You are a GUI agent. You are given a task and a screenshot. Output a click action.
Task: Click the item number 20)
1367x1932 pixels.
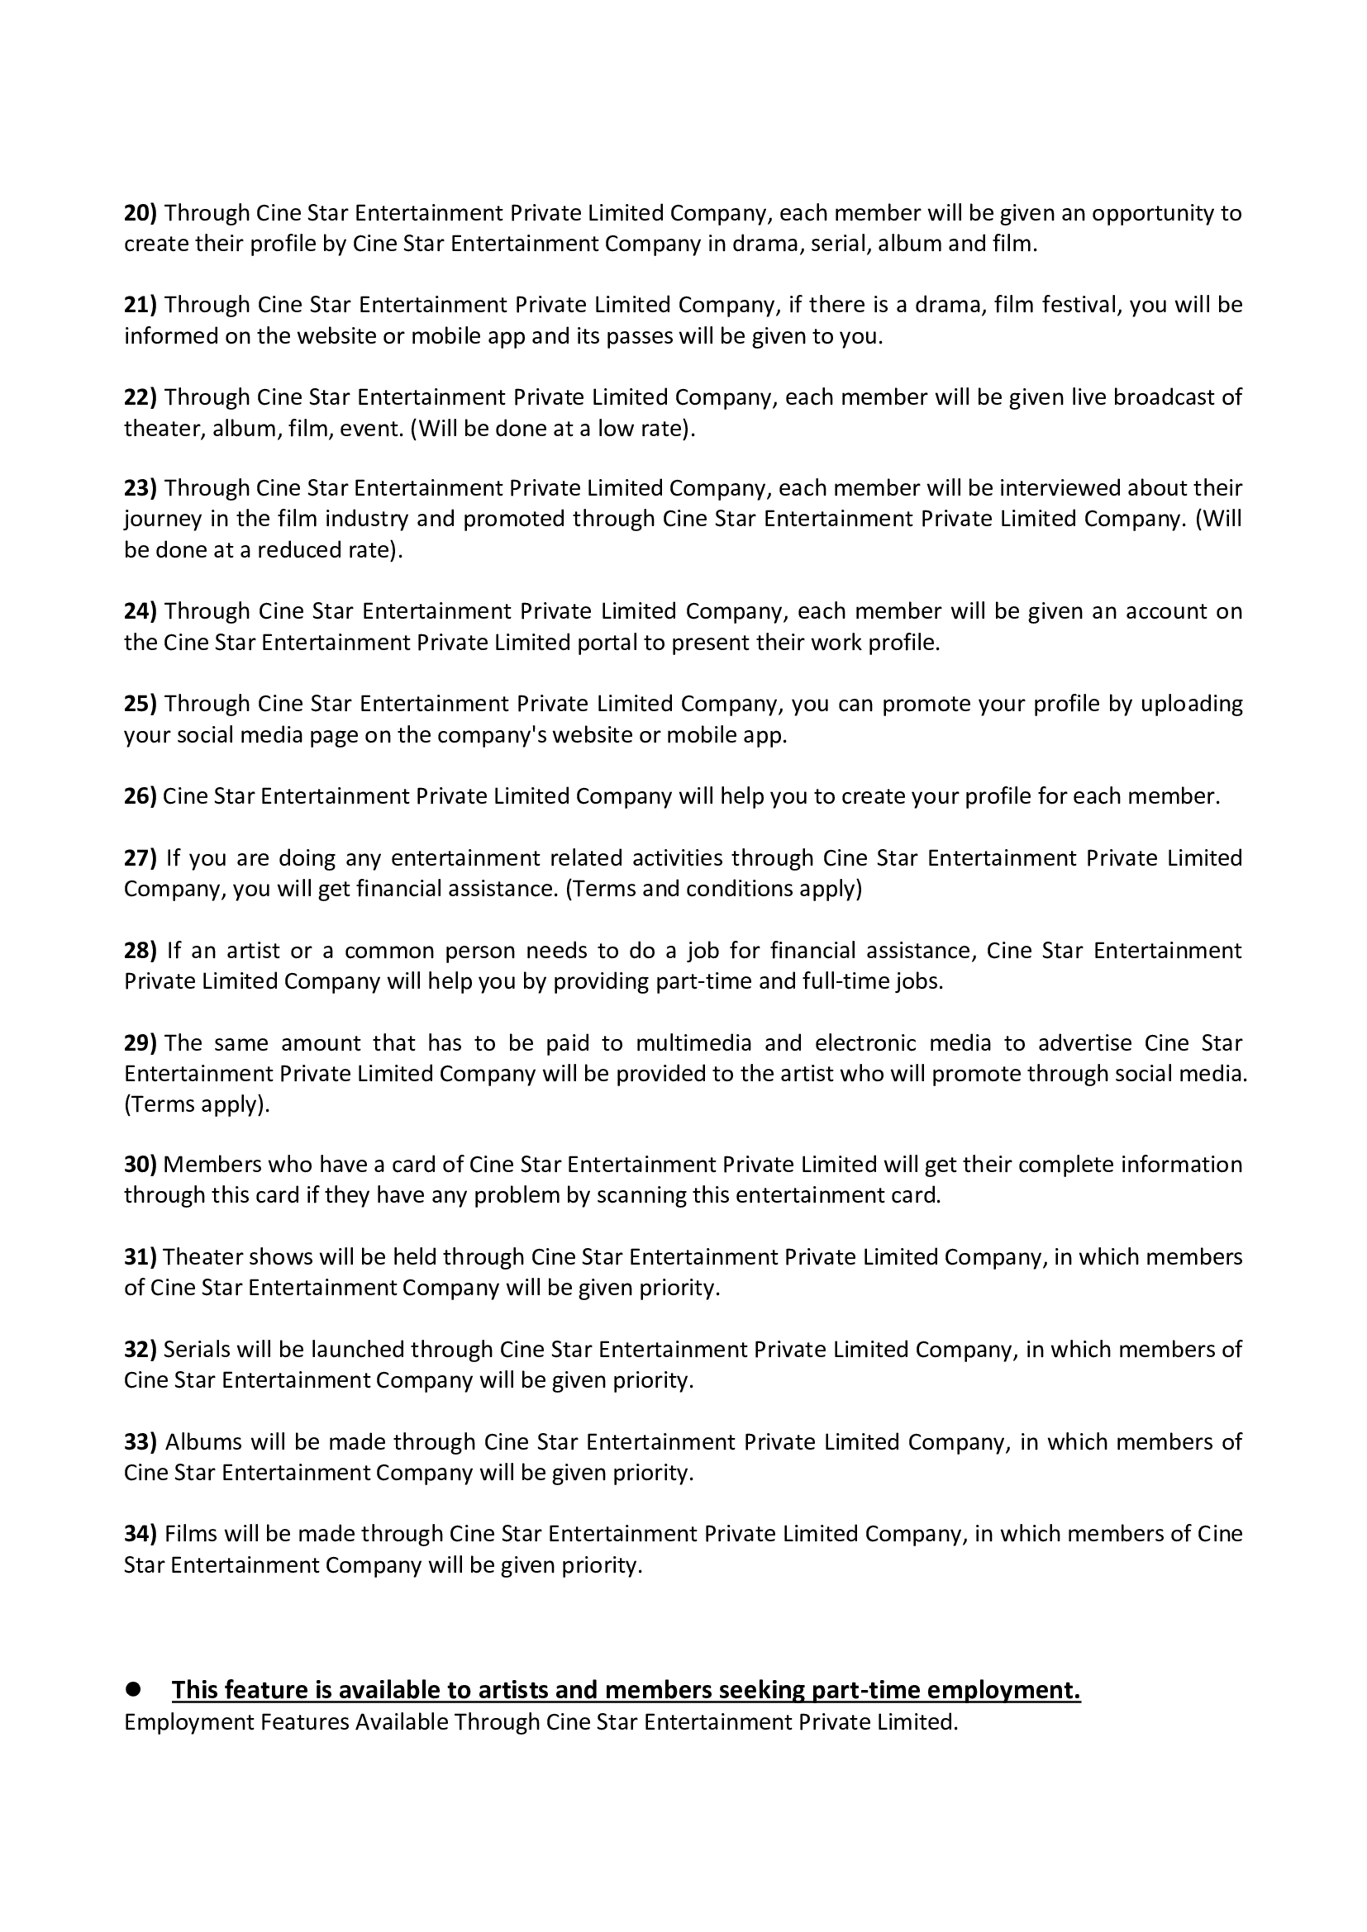point(141,213)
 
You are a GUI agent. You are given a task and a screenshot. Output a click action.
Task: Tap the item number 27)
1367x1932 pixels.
point(141,858)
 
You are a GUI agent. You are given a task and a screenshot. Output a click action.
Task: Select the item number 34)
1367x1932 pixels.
point(141,1534)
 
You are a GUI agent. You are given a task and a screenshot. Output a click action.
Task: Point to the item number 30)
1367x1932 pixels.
point(141,1165)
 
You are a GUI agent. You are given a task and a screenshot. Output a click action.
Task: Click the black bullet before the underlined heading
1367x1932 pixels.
point(132,1689)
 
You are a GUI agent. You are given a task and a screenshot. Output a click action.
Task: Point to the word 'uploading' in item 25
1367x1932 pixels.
point(1191,704)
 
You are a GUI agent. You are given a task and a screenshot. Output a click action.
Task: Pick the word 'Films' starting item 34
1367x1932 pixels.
point(185,1534)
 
